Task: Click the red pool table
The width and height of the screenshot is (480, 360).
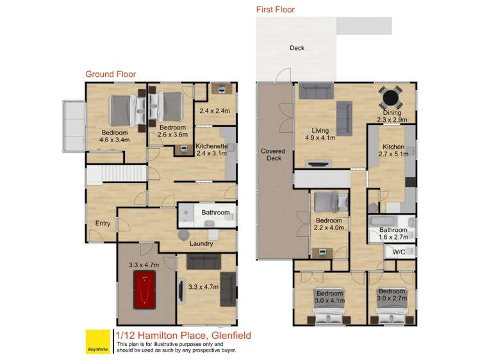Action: (x=145, y=290)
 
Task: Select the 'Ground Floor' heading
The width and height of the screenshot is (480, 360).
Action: (x=110, y=74)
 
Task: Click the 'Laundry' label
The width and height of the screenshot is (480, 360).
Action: (x=201, y=243)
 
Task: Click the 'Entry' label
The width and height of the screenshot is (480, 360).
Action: (x=103, y=223)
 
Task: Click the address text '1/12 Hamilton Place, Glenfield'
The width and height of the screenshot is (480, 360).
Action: (x=183, y=335)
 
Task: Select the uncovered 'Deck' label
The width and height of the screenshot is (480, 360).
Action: (x=296, y=48)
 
